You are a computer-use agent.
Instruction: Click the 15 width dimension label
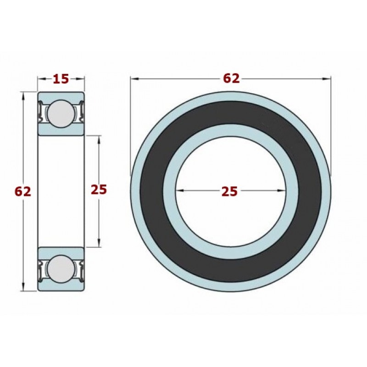click(x=61, y=79)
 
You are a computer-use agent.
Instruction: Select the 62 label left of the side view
click(x=22, y=192)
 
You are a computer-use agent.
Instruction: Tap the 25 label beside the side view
click(x=99, y=189)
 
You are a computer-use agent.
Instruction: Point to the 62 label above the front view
click(x=231, y=78)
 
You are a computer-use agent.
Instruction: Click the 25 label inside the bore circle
click(x=230, y=191)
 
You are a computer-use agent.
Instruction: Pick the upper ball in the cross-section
click(x=61, y=114)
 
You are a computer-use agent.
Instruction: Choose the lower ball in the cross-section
click(x=61, y=269)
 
